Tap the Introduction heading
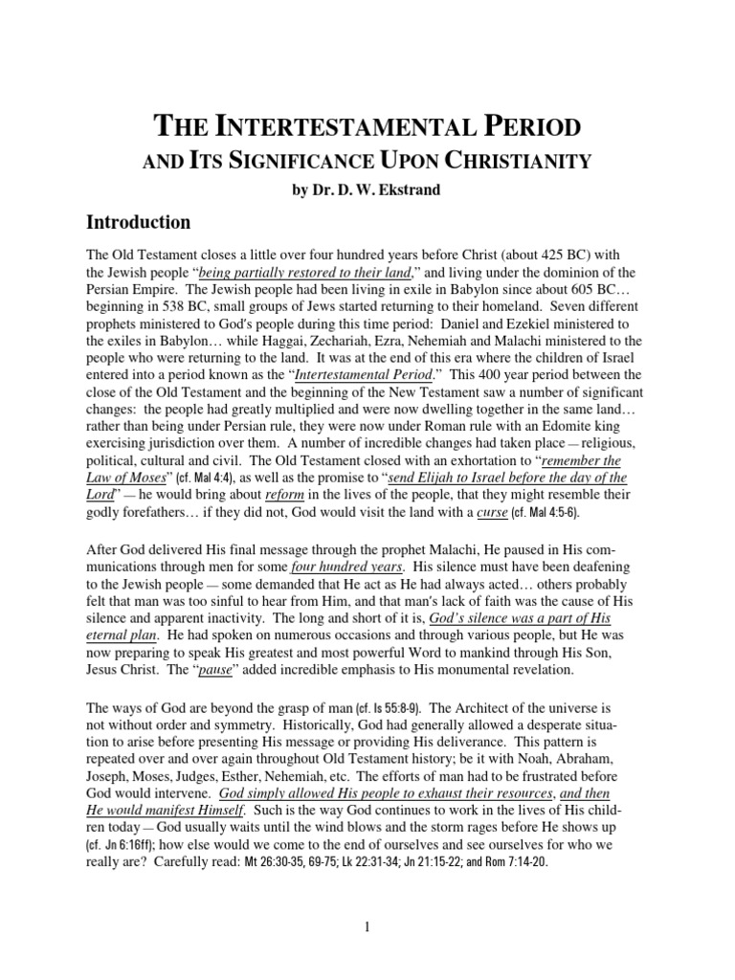(140, 222)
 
